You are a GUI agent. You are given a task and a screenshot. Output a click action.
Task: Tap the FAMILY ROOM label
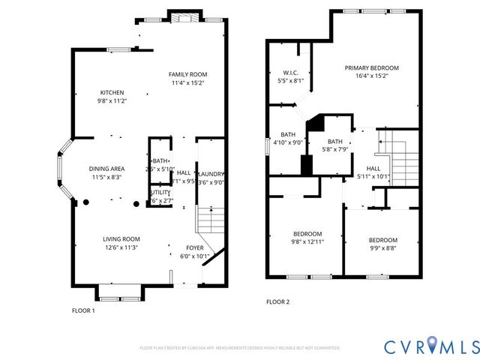tap(187, 74)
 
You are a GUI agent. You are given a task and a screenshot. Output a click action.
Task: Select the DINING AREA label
tap(107, 169)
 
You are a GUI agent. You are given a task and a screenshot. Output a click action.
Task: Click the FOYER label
tap(194, 247)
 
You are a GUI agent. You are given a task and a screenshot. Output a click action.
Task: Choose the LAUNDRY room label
tap(211, 173)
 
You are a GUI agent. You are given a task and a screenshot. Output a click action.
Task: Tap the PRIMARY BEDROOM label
tap(371, 67)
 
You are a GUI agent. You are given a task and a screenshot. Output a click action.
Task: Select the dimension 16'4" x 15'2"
tap(371, 76)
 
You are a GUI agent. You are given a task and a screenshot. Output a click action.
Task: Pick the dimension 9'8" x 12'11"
tap(306, 241)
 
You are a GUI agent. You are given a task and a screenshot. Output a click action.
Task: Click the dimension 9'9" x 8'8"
tap(382, 248)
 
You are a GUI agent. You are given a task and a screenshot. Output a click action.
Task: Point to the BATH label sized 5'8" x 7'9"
tap(334, 142)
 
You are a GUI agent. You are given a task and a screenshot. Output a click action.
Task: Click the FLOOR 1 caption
tap(83, 310)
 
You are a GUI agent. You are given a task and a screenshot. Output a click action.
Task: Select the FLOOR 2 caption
tap(277, 302)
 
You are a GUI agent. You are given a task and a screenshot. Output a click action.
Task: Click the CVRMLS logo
tap(430, 346)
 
